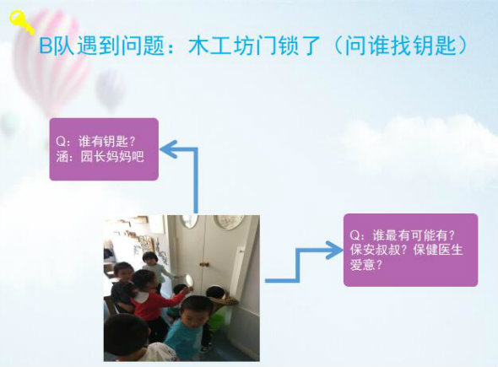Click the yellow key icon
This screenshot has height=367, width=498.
(x=21, y=21)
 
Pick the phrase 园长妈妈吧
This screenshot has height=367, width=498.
(x=112, y=156)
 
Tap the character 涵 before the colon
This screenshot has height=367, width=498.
(x=62, y=156)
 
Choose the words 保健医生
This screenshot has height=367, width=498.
(x=438, y=250)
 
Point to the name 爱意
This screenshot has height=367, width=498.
(x=362, y=264)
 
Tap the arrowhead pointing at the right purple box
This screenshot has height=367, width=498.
(x=334, y=250)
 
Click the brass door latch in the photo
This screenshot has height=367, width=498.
(x=203, y=264)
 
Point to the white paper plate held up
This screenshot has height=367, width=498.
(x=190, y=280)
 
